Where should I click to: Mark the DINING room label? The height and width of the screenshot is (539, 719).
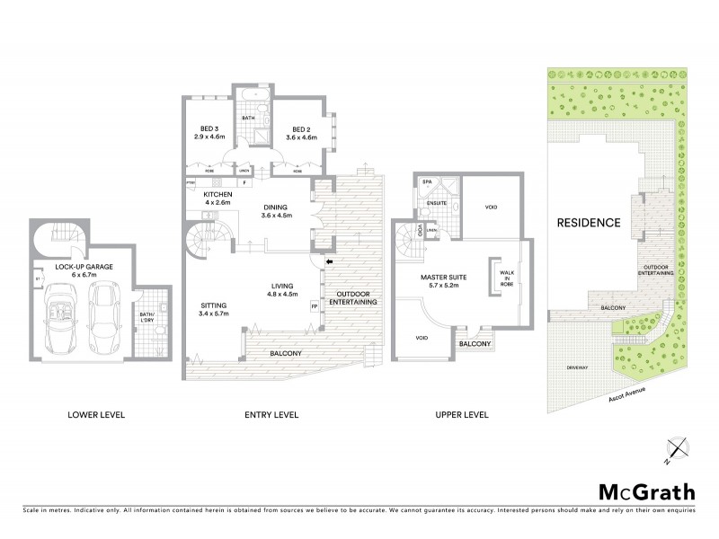278,210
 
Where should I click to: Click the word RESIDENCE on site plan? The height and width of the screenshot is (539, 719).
589,222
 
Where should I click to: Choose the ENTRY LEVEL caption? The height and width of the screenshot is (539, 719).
271,415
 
